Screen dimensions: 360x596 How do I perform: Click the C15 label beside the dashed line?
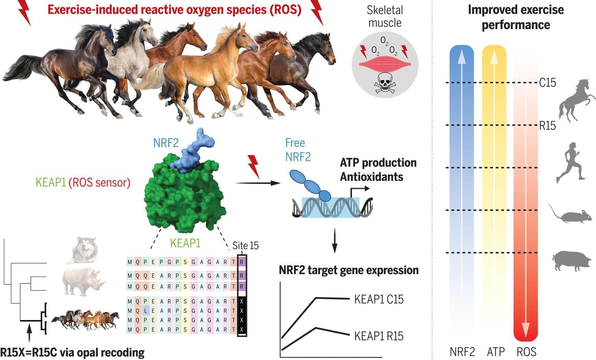point(547,83)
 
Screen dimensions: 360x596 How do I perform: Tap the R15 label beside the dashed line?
point(547,126)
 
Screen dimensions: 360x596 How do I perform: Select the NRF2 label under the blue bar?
point(462,352)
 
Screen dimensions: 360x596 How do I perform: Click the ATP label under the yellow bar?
point(496,352)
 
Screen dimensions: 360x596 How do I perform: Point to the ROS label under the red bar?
point(526,352)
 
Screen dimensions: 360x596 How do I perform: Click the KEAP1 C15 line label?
point(379,299)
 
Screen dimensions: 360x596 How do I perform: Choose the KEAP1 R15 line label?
point(379,336)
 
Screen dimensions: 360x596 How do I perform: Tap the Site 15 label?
point(245,246)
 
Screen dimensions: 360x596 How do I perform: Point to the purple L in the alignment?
point(145,311)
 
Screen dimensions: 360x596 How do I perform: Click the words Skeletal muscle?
point(385,16)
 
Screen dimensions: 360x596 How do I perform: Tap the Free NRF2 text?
point(298,150)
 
